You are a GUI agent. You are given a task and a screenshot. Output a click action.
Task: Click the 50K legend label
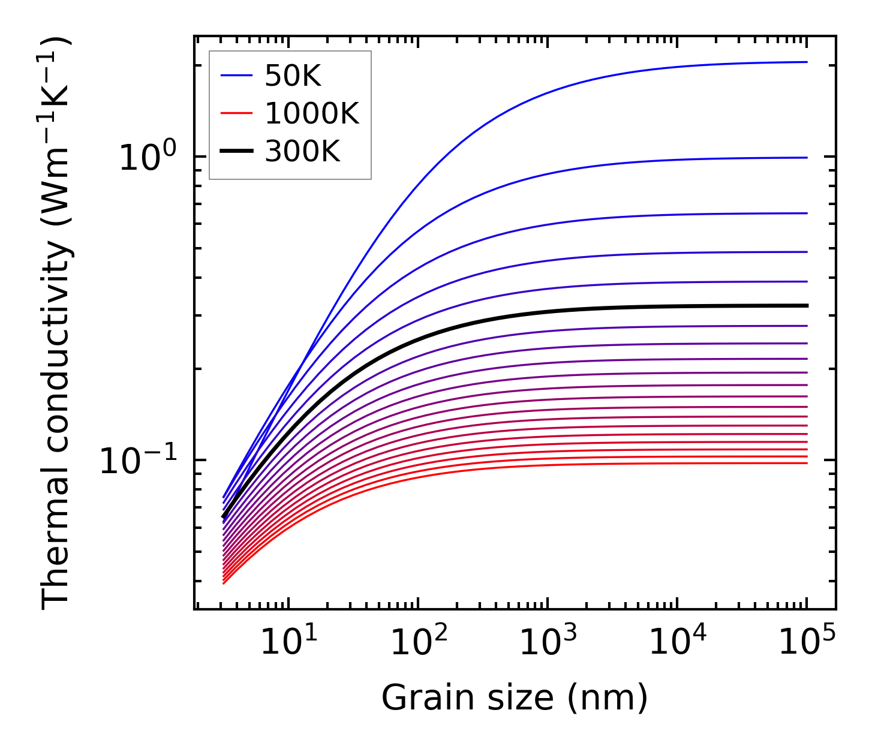click(293, 76)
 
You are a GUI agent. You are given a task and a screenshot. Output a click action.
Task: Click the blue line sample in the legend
click(237, 76)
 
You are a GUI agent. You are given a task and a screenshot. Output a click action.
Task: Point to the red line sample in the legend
click(237, 113)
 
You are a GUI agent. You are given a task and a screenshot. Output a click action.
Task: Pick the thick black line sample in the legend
click(237, 151)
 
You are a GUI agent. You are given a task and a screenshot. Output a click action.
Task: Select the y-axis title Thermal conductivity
click(57, 324)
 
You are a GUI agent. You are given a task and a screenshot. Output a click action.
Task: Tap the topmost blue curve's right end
click(807, 62)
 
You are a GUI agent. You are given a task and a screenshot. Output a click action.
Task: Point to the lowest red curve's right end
click(807, 463)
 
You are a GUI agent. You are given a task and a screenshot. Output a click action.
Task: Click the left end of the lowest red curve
click(224, 583)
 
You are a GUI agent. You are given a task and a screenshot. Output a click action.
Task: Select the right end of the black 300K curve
click(807, 306)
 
